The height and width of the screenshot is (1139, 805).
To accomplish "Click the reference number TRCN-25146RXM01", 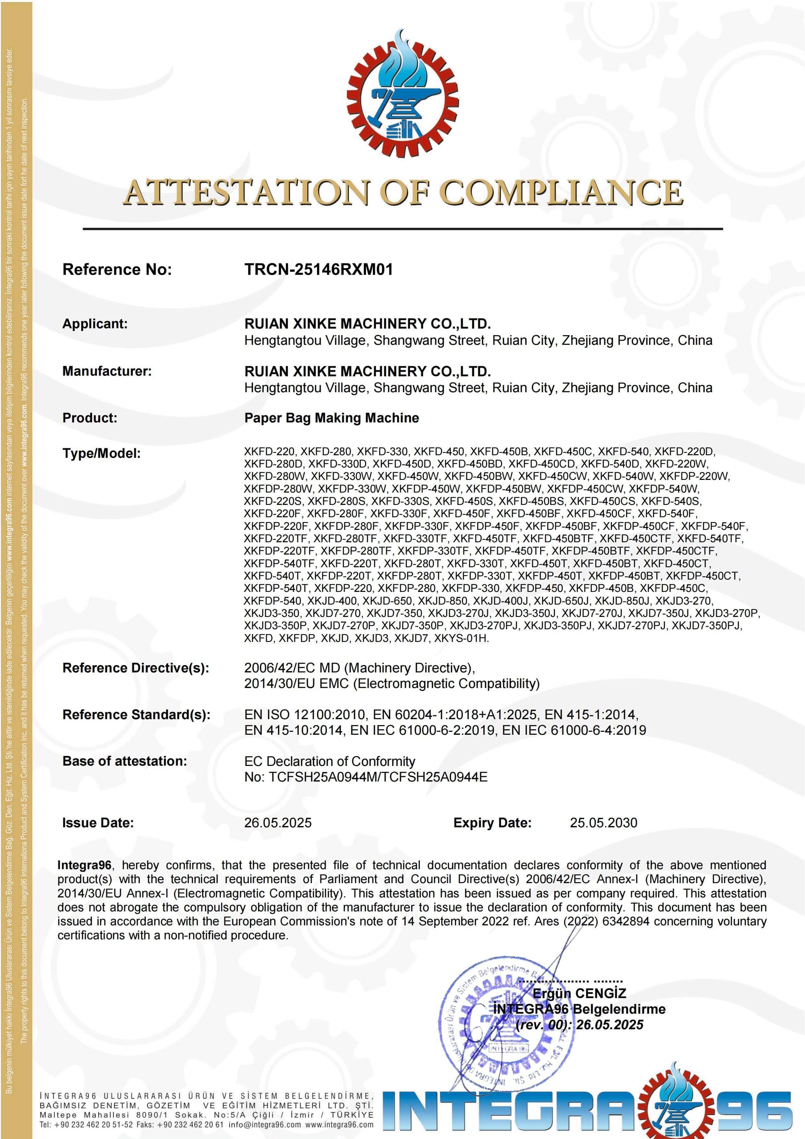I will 318,269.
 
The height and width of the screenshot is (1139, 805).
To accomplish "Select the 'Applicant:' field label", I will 95,324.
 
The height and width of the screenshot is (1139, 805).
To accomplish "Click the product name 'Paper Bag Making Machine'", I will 331,418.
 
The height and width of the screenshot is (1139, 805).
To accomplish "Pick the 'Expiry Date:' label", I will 492,823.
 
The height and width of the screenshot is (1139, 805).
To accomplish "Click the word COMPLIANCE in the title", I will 562,193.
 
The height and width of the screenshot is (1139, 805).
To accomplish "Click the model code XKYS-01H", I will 461,638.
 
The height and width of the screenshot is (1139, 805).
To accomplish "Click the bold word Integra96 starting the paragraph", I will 84,865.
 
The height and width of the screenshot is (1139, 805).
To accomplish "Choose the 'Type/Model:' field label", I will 101,453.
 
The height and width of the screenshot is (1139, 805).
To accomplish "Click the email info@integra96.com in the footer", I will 265,1125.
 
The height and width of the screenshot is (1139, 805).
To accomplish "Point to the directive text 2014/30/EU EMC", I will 297,683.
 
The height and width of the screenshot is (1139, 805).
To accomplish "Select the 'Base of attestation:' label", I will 124,761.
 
